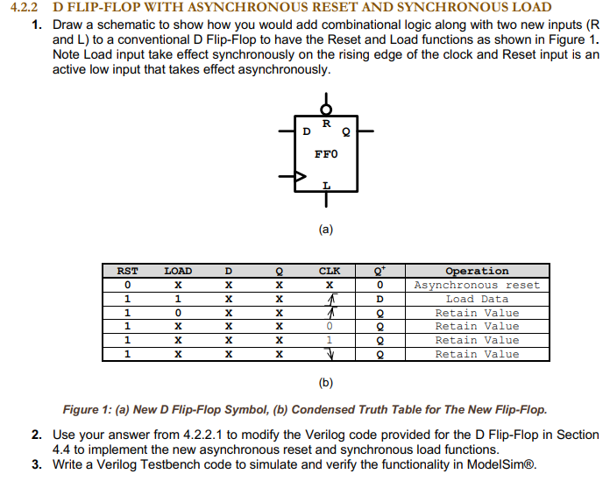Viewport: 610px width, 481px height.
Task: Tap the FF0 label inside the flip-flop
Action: pyautogui.click(x=326, y=155)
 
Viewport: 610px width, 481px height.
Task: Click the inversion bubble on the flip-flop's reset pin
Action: pyautogui.click(x=326, y=110)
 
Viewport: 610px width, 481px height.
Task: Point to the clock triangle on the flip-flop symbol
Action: pyautogui.click(x=301, y=178)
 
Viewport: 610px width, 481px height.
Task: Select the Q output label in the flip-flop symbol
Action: pyautogui.click(x=346, y=133)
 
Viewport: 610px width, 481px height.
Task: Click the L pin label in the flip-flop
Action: pyautogui.click(x=326, y=185)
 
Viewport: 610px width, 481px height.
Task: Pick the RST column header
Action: pyautogui.click(x=127, y=272)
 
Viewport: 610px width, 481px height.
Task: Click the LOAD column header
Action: pyautogui.click(x=178, y=272)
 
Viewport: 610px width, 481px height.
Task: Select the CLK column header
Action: pyautogui.click(x=330, y=272)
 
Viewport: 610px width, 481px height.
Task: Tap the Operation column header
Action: pyautogui.click(x=477, y=272)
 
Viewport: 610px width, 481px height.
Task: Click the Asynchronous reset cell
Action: pyautogui.click(x=477, y=286)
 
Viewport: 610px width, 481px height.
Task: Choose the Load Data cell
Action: pyautogui.click(x=477, y=300)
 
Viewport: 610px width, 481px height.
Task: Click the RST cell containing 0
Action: pyautogui.click(x=127, y=286)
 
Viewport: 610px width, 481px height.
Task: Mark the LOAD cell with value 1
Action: pyautogui.click(x=178, y=300)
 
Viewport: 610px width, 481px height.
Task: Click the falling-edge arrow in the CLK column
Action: pyautogui.click(x=330, y=355)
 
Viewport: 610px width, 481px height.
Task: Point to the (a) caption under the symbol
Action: pyautogui.click(x=326, y=230)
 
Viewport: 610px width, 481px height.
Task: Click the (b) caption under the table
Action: pyautogui.click(x=326, y=383)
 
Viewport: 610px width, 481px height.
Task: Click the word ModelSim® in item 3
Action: pyautogui.click(x=502, y=464)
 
